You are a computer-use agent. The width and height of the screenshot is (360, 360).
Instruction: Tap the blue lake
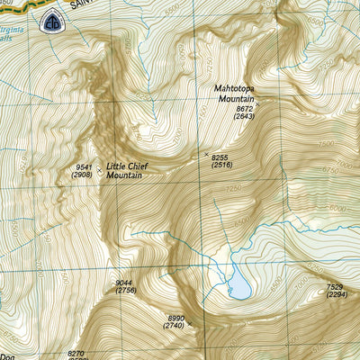coord(238,286)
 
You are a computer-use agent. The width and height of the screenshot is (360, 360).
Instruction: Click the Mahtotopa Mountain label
coord(235,94)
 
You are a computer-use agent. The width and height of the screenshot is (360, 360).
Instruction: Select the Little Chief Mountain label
coord(127,171)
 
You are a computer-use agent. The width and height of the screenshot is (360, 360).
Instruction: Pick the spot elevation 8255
coord(221,157)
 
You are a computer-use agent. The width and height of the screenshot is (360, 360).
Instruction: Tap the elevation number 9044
coord(125,283)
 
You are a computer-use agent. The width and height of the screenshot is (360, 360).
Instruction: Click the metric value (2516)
coord(221,165)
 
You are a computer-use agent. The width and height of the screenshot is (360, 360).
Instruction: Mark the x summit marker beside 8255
coord(205,156)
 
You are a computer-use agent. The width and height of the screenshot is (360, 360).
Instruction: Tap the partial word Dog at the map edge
coord(7,355)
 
